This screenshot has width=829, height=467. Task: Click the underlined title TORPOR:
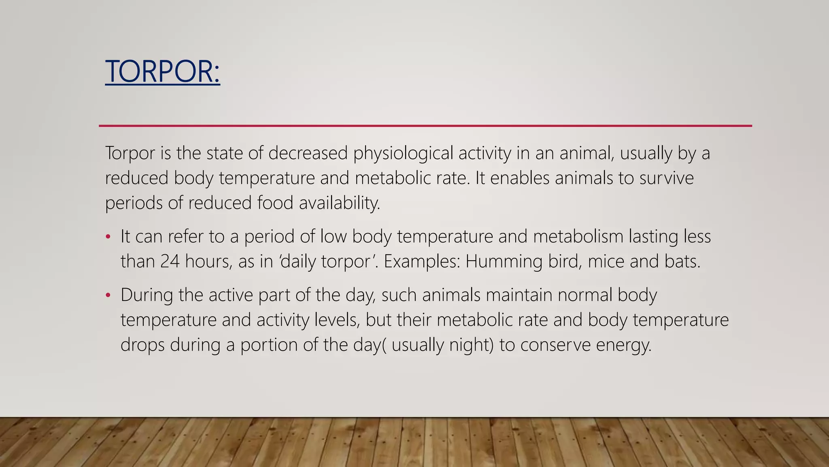(162, 71)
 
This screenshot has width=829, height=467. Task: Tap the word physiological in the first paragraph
(403, 153)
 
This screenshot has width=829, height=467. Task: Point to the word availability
(339, 203)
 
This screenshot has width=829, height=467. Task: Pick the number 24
(170, 261)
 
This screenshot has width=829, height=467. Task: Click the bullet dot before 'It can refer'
(108, 237)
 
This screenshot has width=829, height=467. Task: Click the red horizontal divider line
(425, 126)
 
